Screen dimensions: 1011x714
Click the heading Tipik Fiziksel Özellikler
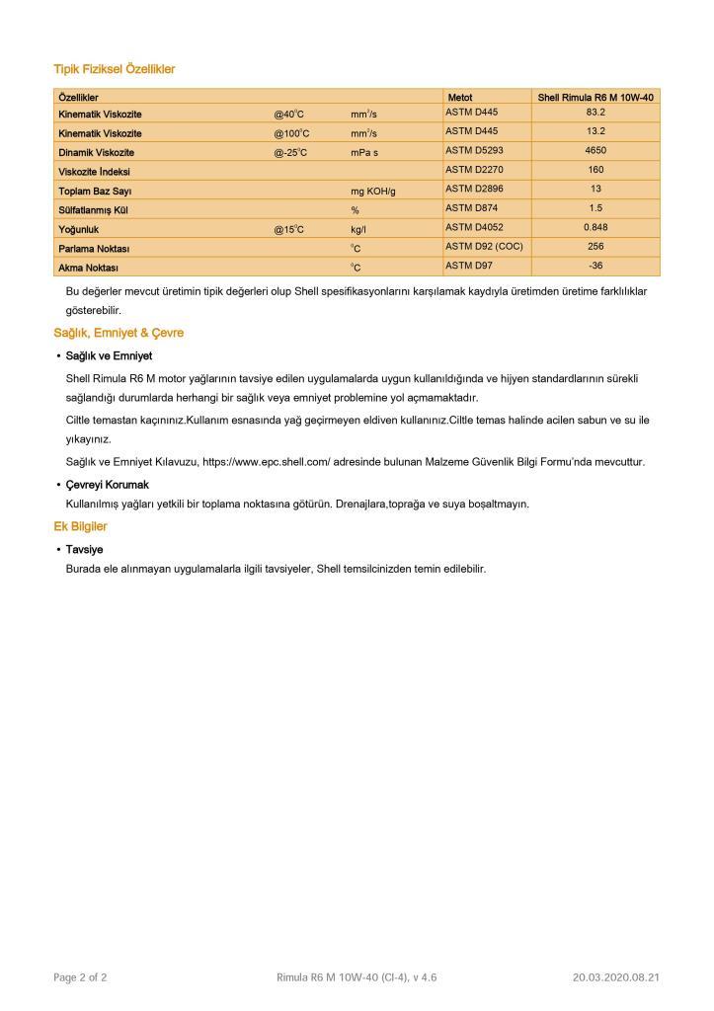click(x=114, y=69)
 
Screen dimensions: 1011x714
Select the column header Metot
click(x=460, y=98)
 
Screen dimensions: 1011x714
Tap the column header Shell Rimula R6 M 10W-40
click(x=595, y=98)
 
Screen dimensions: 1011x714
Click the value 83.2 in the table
click(x=595, y=113)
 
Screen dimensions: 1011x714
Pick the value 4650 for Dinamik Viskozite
click(x=595, y=151)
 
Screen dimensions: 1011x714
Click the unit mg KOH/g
click(x=372, y=191)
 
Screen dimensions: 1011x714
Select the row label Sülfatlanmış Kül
click(x=93, y=210)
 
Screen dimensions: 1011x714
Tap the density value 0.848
click(x=595, y=227)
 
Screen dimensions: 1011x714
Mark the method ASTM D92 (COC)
click(x=483, y=246)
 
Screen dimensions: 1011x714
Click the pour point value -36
click(x=595, y=265)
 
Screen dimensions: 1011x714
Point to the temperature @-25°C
click(x=291, y=153)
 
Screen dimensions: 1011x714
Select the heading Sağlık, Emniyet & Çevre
click(x=119, y=333)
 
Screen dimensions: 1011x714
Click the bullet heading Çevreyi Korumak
click(x=107, y=485)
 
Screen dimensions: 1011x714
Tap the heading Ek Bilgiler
click(x=80, y=526)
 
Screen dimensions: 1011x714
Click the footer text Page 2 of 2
click(x=80, y=977)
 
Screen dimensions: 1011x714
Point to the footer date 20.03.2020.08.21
click(x=615, y=977)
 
